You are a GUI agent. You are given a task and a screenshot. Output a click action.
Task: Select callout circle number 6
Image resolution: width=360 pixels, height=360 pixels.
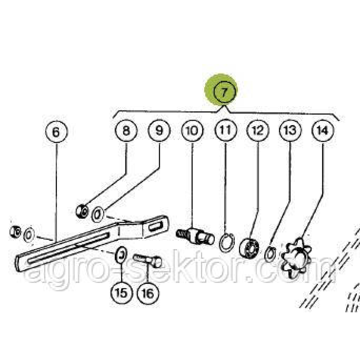coord(56,132)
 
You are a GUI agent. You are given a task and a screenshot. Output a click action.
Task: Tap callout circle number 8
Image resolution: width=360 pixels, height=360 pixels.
coord(126,131)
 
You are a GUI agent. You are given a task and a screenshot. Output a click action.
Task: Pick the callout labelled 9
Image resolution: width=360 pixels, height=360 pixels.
coord(159,131)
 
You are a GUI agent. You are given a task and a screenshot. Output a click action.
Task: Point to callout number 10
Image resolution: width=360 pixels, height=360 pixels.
coord(192,131)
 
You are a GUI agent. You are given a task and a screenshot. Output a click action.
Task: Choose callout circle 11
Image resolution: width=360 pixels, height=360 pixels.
coord(225,131)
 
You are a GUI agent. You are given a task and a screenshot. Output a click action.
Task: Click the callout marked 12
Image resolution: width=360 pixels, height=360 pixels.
coord(257,131)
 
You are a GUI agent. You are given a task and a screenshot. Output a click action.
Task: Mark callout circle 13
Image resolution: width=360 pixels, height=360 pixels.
coord(289,131)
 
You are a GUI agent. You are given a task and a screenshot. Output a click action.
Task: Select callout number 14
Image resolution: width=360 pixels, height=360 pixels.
coord(322,131)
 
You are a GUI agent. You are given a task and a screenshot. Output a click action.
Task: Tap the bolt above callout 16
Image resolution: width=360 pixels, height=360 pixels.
coord(147,261)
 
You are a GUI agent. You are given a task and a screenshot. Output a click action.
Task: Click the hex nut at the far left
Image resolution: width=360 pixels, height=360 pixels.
coord(15,231)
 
